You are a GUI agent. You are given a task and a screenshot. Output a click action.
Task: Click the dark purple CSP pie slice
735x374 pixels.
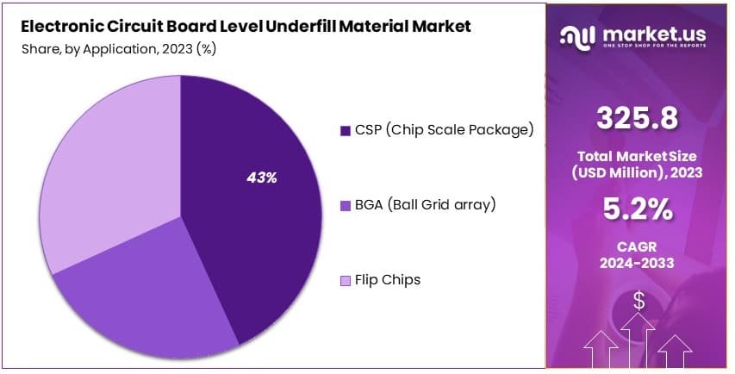click(250, 198)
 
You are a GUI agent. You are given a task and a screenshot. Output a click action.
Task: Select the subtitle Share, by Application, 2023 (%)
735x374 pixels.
click(119, 48)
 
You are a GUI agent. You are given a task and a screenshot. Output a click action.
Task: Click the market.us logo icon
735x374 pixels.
click(577, 35)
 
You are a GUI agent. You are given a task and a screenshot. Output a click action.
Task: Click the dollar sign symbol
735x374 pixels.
click(638, 301)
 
